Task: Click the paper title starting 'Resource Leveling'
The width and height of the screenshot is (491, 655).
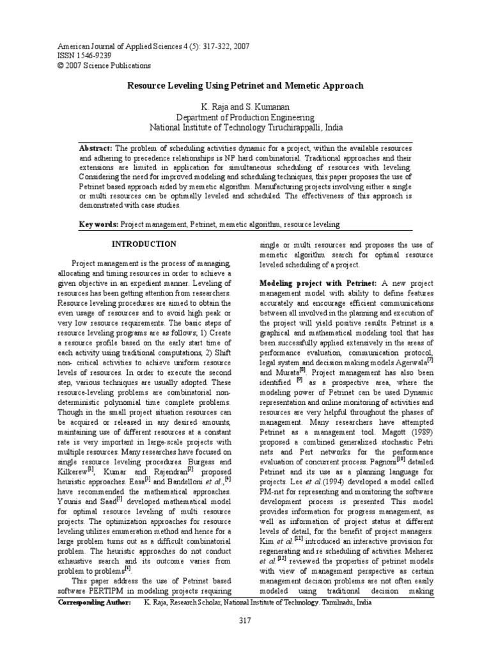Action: [x=245, y=85]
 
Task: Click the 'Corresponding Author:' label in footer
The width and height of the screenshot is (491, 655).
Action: [x=95, y=603]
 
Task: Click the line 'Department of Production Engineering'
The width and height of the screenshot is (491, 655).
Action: [x=245, y=117]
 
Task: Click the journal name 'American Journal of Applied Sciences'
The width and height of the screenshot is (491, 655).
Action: [x=120, y=46]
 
